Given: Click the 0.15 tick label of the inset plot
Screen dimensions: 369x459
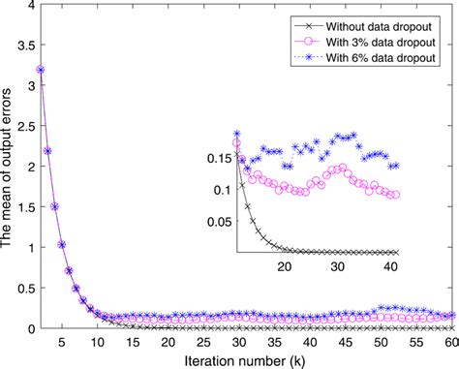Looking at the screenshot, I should tap(220, 157).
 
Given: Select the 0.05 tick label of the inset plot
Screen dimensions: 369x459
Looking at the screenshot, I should tap(220, 221).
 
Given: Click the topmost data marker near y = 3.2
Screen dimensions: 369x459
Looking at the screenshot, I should tap(40, 70).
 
